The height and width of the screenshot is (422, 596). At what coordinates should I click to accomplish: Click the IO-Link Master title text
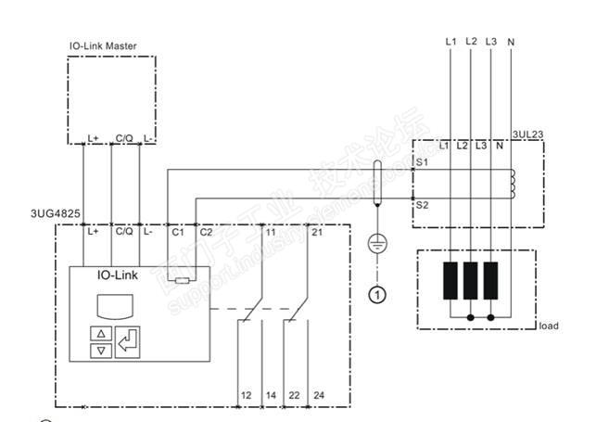103,45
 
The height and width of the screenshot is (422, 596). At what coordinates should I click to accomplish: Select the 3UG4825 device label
55,213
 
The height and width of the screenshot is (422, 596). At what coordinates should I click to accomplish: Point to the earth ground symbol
377,244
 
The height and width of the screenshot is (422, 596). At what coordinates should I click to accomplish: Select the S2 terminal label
422,203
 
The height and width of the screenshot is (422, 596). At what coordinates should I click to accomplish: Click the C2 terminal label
206,232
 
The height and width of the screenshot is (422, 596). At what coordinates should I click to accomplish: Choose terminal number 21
317,232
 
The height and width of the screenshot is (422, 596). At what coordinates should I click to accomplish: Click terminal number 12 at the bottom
246,396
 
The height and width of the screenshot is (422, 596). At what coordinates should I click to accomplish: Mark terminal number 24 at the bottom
319,396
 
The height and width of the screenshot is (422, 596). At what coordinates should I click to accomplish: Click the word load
549,326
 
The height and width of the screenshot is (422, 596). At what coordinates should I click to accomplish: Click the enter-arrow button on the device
127,341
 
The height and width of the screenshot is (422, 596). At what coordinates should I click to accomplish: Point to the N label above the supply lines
513,42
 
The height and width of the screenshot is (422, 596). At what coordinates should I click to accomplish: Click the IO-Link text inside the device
118,275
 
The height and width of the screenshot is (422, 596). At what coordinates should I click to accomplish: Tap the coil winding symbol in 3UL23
511,184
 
